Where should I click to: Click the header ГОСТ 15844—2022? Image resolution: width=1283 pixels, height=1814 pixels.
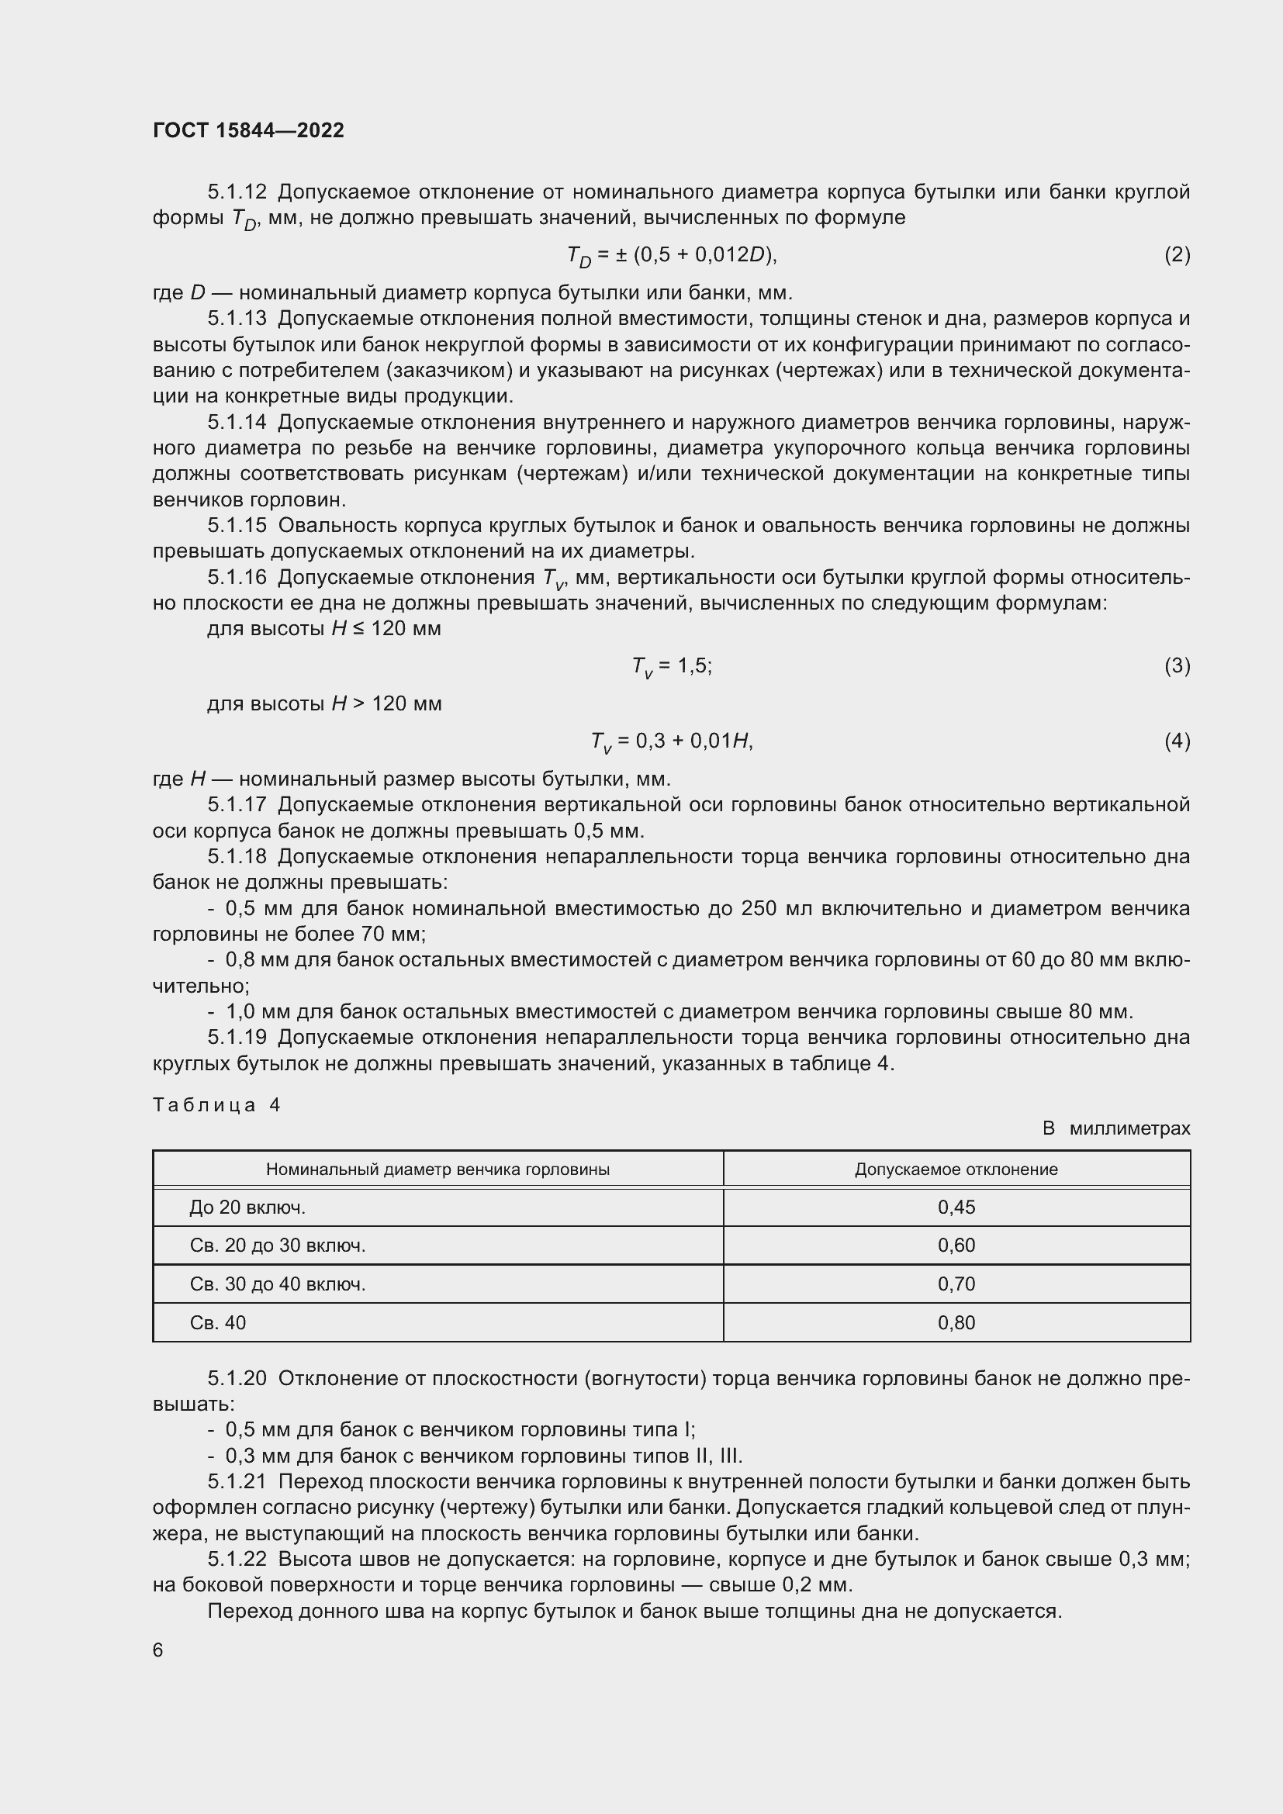pyautogui.click(x=248, y=130)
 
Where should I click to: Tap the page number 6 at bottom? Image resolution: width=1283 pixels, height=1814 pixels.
pyautogui.click(x=158, y=1650)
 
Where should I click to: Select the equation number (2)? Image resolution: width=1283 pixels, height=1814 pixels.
pyautogui.click(x=1177, y=254)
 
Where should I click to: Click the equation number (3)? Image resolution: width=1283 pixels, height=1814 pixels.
pyautogui.click(x=1177, y=666)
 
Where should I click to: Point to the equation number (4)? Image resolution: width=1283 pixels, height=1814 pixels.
pyautogui.click(x=1177, y=741)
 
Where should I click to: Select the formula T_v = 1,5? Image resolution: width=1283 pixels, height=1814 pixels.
pyautogui.click(x=672, y=667)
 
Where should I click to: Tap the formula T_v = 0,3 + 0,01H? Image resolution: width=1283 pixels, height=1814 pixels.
pyautogui.click(x=672, y=742)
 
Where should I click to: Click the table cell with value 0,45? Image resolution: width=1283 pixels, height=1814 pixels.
pyautogui.click(x=956, y=1208)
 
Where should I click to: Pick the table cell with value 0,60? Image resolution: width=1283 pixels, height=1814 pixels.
pyautogui.click(x=956, y=1246)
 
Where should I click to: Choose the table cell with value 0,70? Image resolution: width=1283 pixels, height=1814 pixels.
pyautogui.click(x=956, y=1284)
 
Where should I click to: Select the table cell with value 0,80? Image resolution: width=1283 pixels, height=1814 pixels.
pyautogui.click(x=956, y=1322)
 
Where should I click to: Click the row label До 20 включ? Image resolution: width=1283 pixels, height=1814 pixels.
pyautogui.click(x=247, y=1208)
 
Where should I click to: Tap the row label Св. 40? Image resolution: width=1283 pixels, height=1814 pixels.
pyautogui.click(x=218, y=1322)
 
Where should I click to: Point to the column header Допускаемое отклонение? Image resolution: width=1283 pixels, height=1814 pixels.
pyautogui.click(x=956, y=1170)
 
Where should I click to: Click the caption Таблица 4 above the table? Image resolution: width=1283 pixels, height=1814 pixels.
pyautogui.click(x=216, y=1104)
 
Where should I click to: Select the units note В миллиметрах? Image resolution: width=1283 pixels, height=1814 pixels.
pyautogui.click(x=1115, y=1128)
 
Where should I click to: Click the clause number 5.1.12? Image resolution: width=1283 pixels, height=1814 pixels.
pyautogui.click(x=237, y=192)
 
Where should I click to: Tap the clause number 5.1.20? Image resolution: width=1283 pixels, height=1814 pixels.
pyautogui.click(x=237, y=1379)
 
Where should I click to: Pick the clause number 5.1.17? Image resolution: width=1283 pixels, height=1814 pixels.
pyautogui.click(x=237, y=805)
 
